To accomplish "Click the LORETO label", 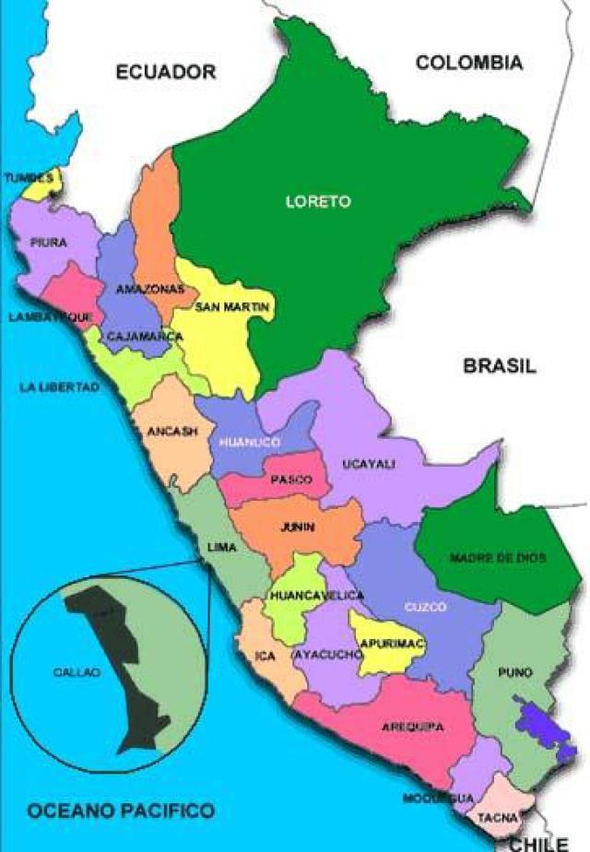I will pyautogui.click(x=318, y=202).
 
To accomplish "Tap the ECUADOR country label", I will pyautogui.click(x=165, y=72).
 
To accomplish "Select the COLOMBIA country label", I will pyautogui.click(x=469, y=63).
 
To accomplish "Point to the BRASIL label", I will pyautogui.click(x=499, y=366).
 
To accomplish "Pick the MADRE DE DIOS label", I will pyautogui.click(x=498, y=558).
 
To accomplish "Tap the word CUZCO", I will pyautogui.click(x=425, y=607).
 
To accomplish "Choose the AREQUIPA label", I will pyautogui.click(x=412, y=727).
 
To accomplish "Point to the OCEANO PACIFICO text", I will pyautogui.click(x=121, y=811).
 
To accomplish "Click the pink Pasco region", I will pyautogui.click(x=290, y=478).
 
